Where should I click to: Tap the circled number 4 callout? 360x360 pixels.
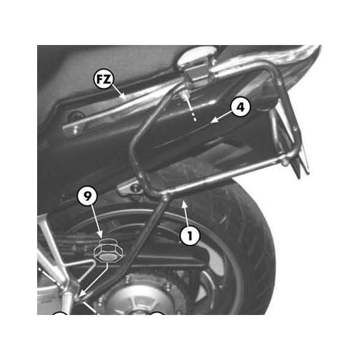coord(240,107)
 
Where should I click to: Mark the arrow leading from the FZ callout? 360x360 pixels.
coord(121,92)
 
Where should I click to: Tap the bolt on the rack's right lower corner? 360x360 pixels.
coord(286,162)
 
